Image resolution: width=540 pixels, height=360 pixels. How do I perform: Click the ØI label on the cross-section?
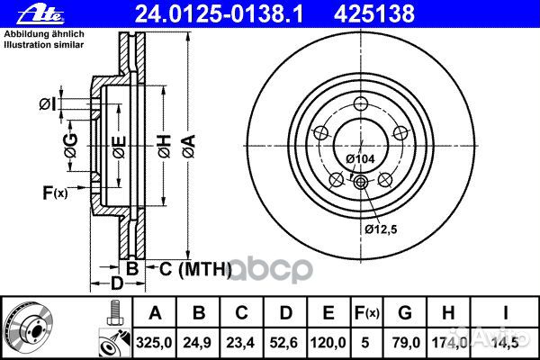pyautogui.click(x=48, y=105)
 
